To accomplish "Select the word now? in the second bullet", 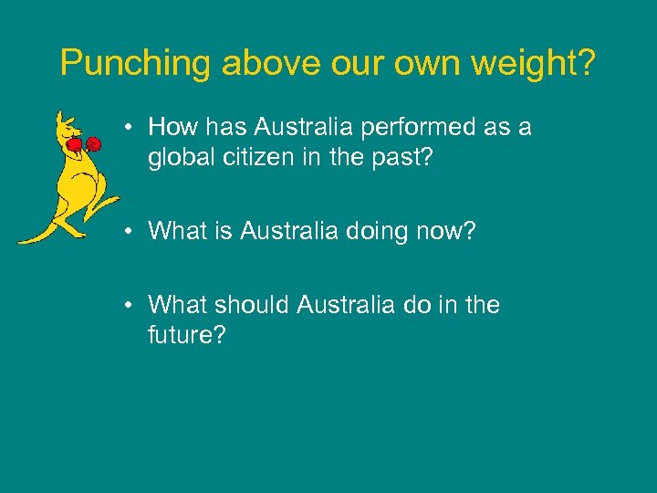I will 449,231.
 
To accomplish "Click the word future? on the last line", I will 186,335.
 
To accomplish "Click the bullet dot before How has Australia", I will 133,128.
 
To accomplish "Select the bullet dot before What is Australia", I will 133,232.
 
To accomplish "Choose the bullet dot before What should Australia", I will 133,305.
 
